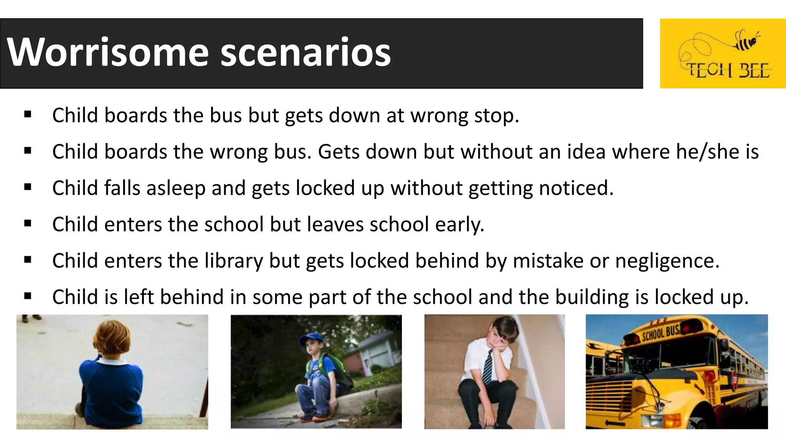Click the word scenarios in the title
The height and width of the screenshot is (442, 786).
[x=305, y=52]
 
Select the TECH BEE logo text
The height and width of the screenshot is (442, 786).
[x=727, y=71]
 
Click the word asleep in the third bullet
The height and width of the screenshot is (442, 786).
[x=176, y=188]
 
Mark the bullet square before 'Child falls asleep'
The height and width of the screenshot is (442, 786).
[x=28, y=187]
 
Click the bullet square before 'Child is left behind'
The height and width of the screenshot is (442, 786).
[x=28, y=296]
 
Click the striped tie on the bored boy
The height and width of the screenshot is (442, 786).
[x=487, y=366]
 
